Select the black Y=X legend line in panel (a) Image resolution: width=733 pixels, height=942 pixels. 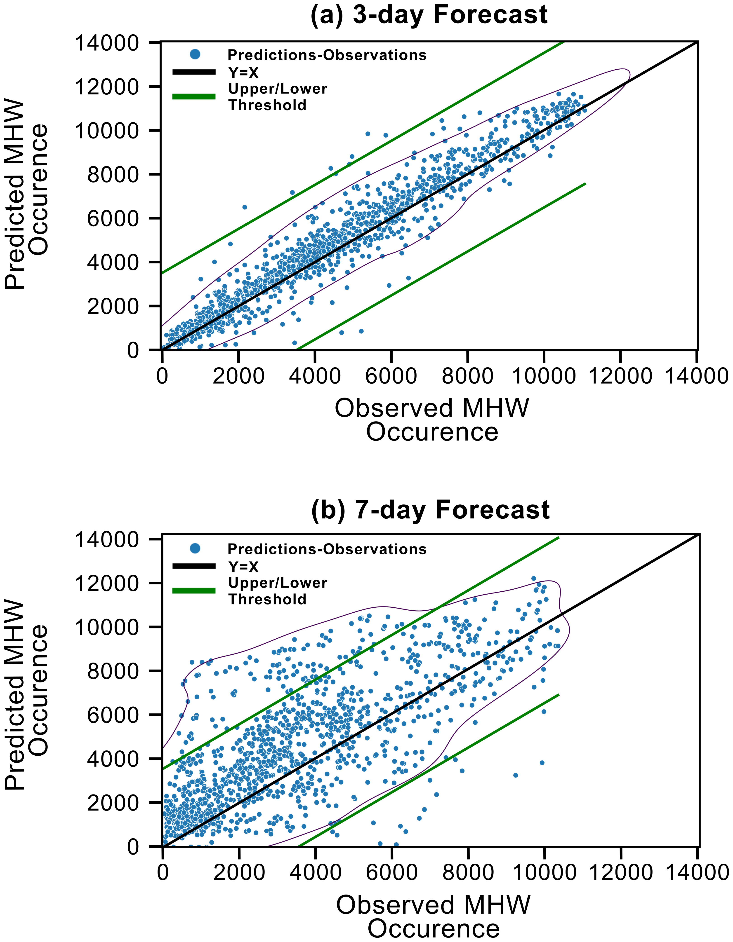pyautogui.click(x=194, y=73)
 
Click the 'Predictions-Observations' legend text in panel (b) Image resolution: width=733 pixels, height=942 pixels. pyautogui.click(x=327, y=549)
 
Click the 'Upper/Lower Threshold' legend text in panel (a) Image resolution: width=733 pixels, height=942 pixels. pyautogui.click(x=278, y=97)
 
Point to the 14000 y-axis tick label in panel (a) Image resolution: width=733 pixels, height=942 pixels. pyautogui.click(x=107, y=43)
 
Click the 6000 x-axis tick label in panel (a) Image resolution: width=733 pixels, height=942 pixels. pyautogui.click(x=391, y=376)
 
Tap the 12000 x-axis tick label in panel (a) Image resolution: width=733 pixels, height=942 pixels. pyautogui.click(x=620, y=376)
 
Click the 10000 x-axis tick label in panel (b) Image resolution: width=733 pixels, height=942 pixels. pyautogui.click(x=544, y=872)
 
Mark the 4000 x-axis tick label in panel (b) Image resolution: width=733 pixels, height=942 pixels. pyautogui.click(x=315, y=872)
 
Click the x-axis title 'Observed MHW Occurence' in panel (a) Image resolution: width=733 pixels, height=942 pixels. pyautogui.click(x=432, y=420)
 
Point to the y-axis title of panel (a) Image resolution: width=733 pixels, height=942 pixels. pyautogui.click(x=26, y=194)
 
